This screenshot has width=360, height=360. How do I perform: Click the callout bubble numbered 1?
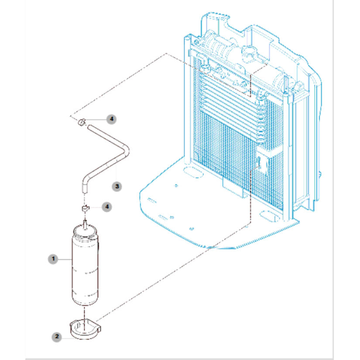[x=53, y=259]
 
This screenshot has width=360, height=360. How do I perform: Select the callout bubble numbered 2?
[x=57, y=337]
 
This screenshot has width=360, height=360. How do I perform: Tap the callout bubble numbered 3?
[x=117, y=186]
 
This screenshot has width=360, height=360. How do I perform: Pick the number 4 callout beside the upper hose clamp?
[x=112, y=119]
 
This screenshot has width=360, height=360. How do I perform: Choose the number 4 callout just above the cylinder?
[x=107, y=207]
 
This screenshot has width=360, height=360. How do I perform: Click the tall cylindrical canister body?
[x=85, y=269]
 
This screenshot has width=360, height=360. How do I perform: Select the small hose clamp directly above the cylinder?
[x=86, y=209]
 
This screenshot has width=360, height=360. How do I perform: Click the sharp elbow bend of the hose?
[x=125, y=151]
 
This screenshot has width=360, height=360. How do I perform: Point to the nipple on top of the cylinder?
[x=85, y=224]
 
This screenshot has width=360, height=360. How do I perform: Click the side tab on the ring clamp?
[x=99, y=329]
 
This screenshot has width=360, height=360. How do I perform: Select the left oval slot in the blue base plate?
[x=193, y=172]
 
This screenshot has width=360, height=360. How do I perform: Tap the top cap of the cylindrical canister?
[x=85, y=231]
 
